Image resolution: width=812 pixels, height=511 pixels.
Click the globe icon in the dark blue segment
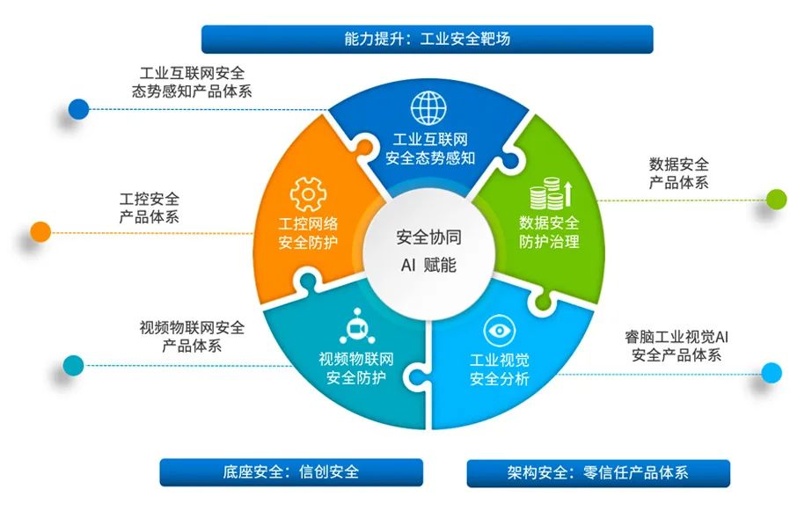pos(428,107)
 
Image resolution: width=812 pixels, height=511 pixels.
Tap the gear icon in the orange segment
pos(308,194)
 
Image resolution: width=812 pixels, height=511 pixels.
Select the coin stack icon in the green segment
pos(551,193)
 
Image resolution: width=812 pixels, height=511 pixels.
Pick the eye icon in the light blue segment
pos(499,331)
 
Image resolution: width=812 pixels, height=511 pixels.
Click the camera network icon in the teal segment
pos(357,326)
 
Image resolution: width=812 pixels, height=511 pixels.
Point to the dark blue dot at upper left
pos(78,109)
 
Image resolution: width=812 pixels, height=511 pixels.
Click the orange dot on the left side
pos(40,232)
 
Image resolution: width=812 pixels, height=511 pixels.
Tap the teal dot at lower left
pos(73,366)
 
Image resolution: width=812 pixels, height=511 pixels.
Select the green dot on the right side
pos(776,200)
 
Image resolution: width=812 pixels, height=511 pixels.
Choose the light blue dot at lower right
pos(771,373)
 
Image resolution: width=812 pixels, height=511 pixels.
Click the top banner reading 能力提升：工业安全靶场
pos(428,39)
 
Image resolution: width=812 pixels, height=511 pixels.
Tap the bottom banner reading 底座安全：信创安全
pos(291,472)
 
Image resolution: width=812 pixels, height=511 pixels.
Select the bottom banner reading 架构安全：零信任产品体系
pos(598,472)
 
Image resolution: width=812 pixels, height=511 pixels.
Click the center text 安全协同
pos(428,237)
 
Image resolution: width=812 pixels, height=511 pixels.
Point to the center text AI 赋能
pos(428,265)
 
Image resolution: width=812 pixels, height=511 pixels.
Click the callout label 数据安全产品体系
pos(679,173)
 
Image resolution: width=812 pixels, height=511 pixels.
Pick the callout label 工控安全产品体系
pos(150,208)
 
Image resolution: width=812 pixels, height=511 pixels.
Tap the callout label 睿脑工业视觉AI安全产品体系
pos(677,346)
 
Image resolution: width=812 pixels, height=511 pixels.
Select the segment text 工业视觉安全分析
pos(499,369)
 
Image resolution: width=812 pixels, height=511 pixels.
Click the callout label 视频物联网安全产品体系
pos(192,337)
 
